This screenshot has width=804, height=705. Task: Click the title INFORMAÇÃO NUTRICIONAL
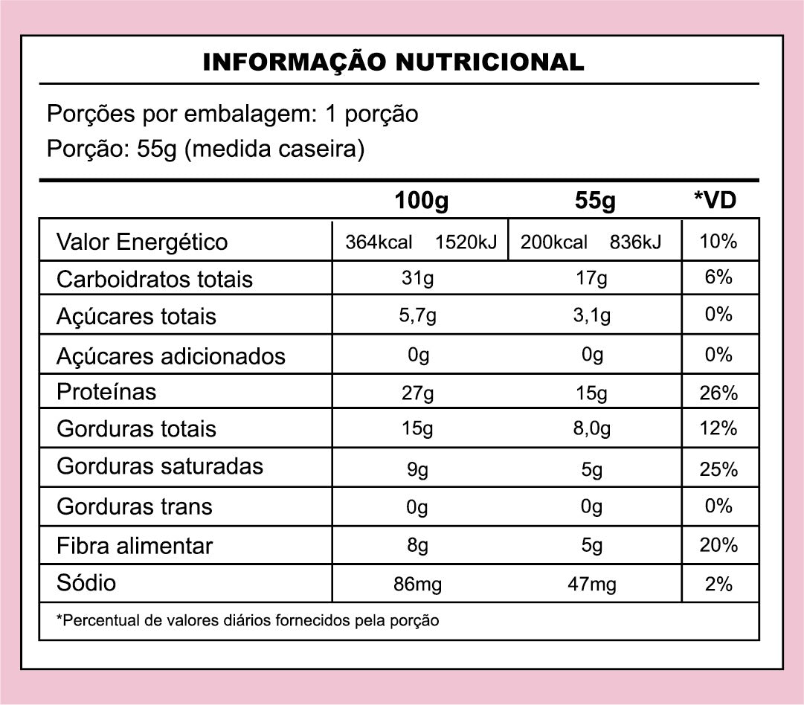click(x=393, y=62)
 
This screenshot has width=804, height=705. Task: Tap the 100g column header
click(x=422, y=200)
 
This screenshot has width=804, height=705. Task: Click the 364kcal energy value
click(x=379, y=242)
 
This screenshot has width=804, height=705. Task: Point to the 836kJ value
click(x=634, y=242)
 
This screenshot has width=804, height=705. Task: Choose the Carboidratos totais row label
click(x=155, y=280)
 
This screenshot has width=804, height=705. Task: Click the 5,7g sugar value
click(x=418, y=315)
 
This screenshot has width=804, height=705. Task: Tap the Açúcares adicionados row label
click(x=171, y=356)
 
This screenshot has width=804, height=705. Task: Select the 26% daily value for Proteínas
click(x=718, y=393)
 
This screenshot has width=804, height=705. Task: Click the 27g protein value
click(x=418, y=393)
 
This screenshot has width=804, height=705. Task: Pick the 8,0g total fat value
click(x=592, y=429)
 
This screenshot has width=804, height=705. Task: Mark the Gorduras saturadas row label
click(x=160, y=466)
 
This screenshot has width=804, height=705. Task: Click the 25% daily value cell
click(x=718, y=470)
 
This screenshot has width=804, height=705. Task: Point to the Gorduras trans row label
click(x=135, y=506)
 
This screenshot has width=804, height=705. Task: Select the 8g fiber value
click(x=418, y=546)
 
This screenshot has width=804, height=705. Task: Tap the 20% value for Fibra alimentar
click(x=718, y=545)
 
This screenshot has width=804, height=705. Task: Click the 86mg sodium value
click(x=418, y=585)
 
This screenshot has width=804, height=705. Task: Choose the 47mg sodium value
click(x=592, y=585)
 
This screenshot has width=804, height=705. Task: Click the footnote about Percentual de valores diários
click(x=248, y=620)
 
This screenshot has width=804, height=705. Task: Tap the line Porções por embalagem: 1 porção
click(x=232, y=114)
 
